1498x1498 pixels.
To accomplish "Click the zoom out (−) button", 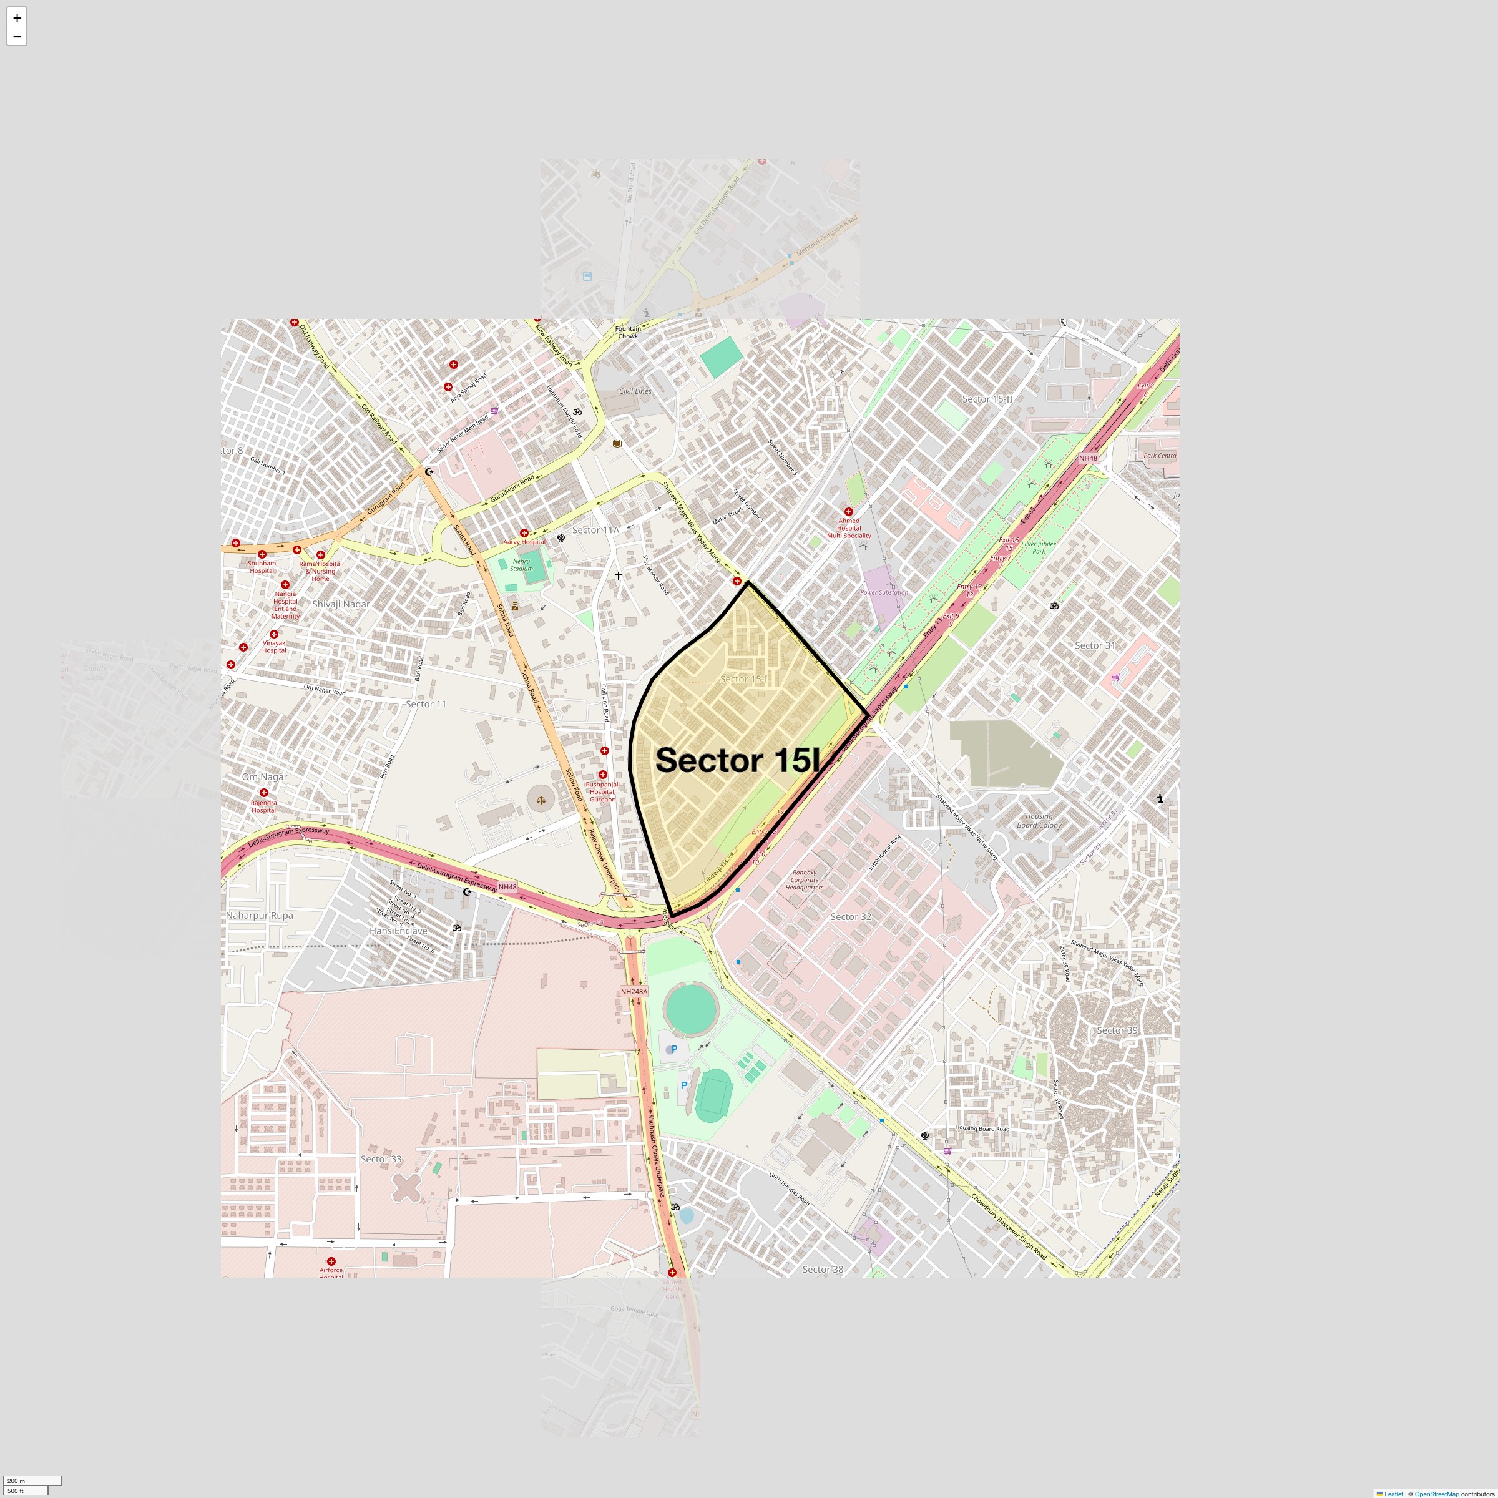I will (17, 36).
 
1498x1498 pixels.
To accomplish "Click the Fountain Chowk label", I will (628, 333).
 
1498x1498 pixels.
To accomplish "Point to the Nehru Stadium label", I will (521, 564).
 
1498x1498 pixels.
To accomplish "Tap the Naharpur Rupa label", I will (259, 916).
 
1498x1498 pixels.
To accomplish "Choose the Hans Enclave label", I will (398, 931).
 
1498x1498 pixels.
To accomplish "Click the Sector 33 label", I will (381, 1159).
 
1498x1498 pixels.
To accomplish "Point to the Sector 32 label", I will (851, 918).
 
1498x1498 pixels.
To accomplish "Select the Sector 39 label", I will (1117, 1030).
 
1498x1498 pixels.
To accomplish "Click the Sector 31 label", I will (1094, 646).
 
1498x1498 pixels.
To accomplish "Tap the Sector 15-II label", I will (987, 399).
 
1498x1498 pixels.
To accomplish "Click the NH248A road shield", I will (634, 992).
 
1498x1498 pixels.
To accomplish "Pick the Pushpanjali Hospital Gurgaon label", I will (602, 791).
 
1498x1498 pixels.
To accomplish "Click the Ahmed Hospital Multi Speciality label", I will (849, 528).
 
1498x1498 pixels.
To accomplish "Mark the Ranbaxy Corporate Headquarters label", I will (804, 880).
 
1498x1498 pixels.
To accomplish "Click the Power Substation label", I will (884, 592).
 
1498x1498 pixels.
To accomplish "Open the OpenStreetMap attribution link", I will (1436, 1494).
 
